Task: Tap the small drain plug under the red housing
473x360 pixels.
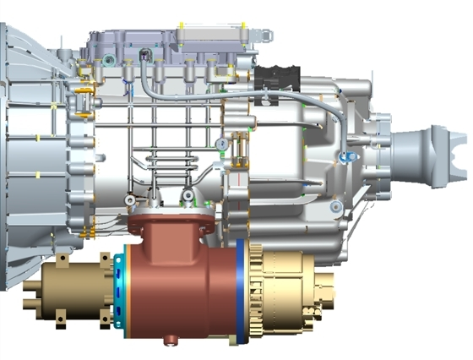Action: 172,340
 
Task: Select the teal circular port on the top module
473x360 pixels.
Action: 109,58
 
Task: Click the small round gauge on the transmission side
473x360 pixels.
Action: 220,143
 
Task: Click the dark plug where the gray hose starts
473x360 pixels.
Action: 146,55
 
